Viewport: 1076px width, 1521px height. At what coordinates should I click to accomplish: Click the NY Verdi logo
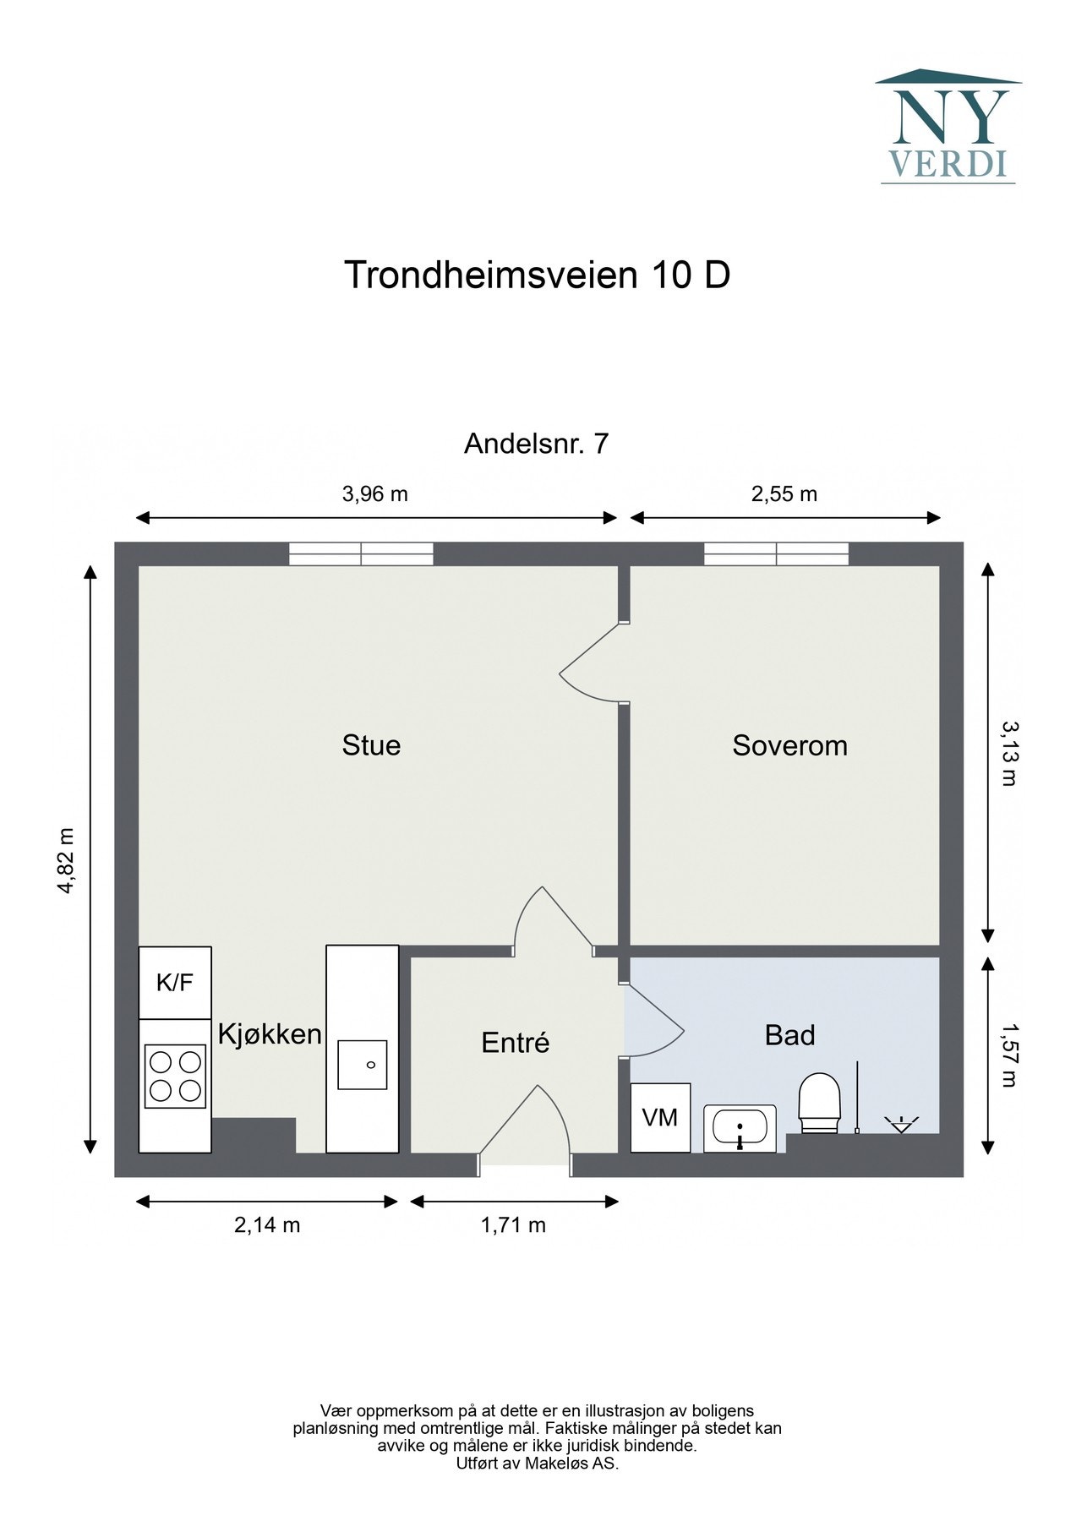(x=948, y=128)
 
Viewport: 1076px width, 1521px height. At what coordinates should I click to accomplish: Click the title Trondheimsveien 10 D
(x=537, y=275)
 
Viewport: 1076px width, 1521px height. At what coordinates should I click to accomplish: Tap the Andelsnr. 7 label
(x=536, y=444)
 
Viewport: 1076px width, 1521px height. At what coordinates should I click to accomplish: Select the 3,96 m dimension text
(x=374, y=494)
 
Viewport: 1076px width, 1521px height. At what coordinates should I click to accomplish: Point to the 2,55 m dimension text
(x=784, y=494)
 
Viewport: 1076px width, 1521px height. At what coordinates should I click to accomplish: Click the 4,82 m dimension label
(x=67, y=859)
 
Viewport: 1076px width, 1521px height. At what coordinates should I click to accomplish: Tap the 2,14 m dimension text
(x=267, y=1224)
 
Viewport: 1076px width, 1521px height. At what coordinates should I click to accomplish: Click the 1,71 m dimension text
(x=513, y=1224)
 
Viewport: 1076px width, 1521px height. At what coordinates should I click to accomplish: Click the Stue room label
(x=371, y=745)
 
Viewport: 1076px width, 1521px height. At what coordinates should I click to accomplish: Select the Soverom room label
(x=789, y=745)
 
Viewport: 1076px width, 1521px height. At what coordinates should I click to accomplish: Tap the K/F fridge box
(x=175, y=983)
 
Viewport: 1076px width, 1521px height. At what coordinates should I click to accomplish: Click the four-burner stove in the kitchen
(x=175, y=1076)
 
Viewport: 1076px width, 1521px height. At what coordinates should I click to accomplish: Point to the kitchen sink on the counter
(x=363, y=1065)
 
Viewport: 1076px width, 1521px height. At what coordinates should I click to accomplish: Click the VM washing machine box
(x=660, y=1118)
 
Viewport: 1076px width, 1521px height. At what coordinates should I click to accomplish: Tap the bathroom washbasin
(x=740, y=1128)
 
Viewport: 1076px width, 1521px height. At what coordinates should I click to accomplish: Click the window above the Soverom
(x=776, y=554)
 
